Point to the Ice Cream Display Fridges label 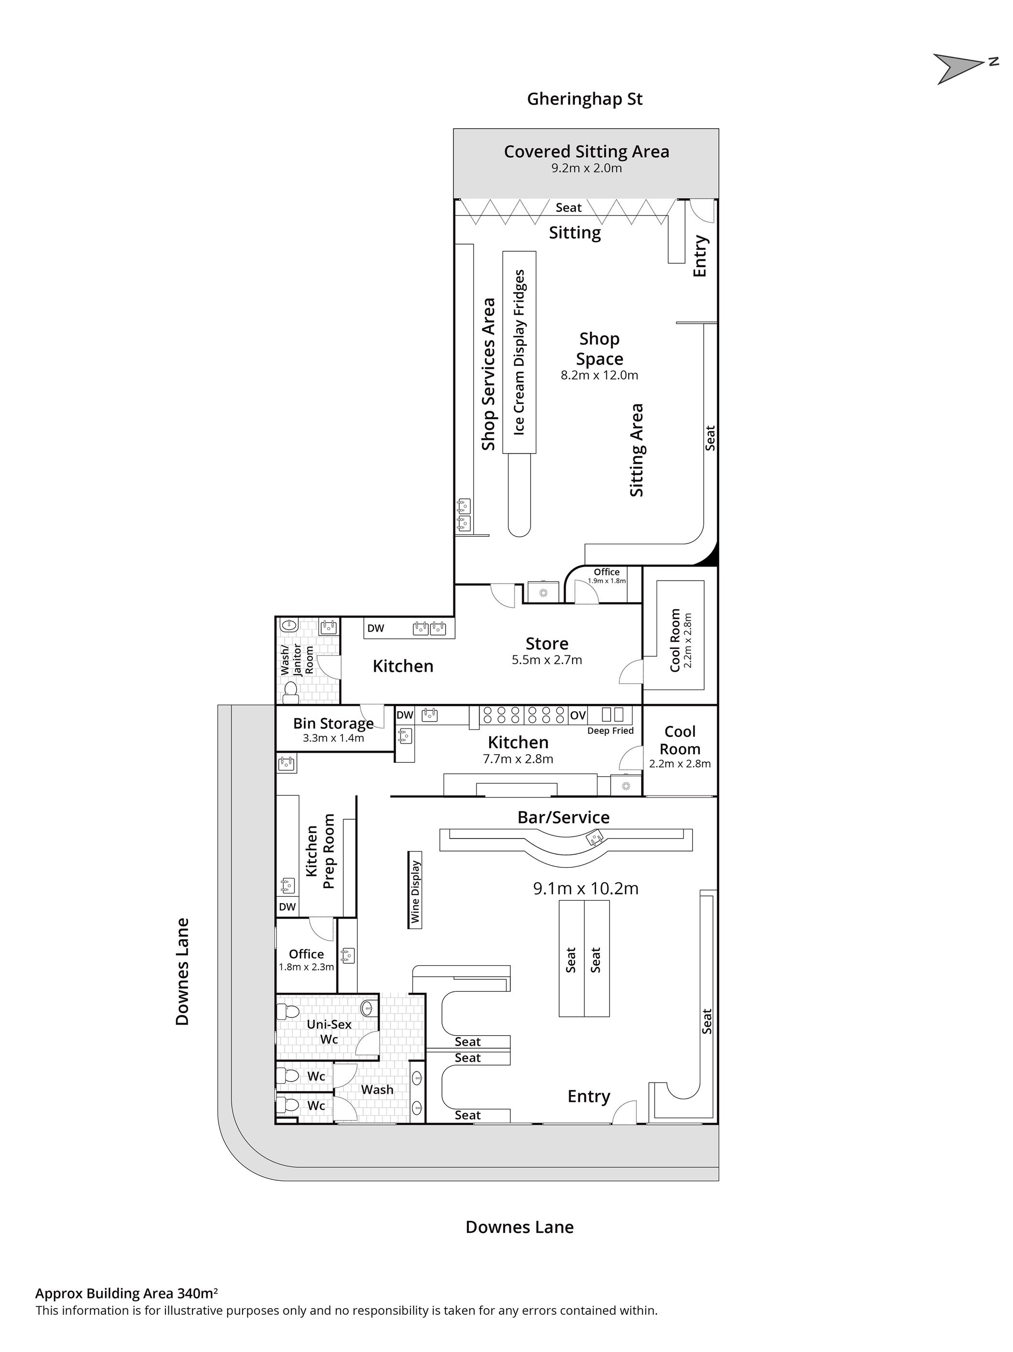pyautogui.click(x=519, y=352)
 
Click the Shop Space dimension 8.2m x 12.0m pyautogui.click(x=599, y=375)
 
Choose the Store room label pyautogui.click(x=547, y=644)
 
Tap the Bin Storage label pyautogui.click(x=333, y=724)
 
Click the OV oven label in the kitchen pyautogui.click(x=578, y=715)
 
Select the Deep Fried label pyautogui.click(x=610, y=731)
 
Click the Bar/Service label pyautogui.click(x=563, y=818)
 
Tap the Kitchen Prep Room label pyautogui.click(x=320, y=852)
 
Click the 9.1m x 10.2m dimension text pyautogui.click(x=586, y=888)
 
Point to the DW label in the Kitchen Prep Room pyautogui.click(x=287, y=907)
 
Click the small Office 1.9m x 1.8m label pyautogui.click(x=606, y=576)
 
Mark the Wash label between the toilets pyautogui.click(x=377, y=1090)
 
